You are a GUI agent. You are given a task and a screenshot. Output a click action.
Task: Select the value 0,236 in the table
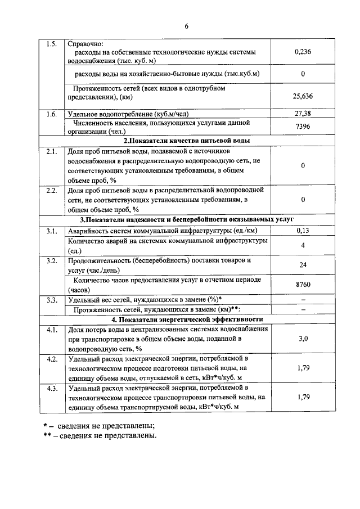303,52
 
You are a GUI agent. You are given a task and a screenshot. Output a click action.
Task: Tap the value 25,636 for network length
303,96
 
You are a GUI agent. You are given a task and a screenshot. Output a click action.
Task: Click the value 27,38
303,114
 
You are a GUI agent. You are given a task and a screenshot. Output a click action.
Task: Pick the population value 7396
303,127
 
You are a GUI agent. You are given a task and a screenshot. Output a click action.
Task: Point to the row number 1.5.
51,43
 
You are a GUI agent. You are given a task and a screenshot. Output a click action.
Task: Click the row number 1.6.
51,114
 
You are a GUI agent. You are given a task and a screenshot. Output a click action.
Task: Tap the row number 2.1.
51,152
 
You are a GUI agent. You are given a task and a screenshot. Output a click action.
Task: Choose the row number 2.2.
51,191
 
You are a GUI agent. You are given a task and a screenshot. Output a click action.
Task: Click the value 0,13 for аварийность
303,230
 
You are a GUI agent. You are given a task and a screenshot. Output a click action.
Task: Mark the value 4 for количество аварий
303,245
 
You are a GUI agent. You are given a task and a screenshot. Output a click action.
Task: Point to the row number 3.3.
51,299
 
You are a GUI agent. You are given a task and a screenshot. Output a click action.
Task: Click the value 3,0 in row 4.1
303,339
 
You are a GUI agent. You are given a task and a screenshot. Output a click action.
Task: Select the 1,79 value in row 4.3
303,397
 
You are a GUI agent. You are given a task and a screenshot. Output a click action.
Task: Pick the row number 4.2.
51,358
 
